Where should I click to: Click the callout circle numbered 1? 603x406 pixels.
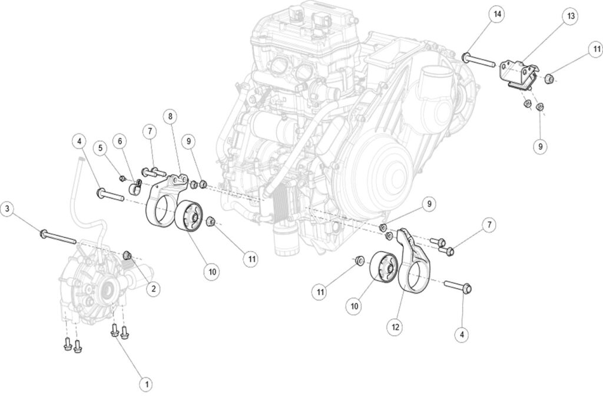(x=147, y=384)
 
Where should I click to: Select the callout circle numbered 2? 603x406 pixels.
(x=154, y=289)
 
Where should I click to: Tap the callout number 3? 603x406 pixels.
(x=8, y=208)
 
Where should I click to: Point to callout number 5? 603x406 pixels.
(x=101, y=147)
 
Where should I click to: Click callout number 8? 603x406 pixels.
(x=170, y=117)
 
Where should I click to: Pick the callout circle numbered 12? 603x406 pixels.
(x=395, y=324)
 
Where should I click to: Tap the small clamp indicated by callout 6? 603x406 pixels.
(x=133, y=188)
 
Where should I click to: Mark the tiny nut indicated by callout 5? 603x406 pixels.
(x=122, y=178)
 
